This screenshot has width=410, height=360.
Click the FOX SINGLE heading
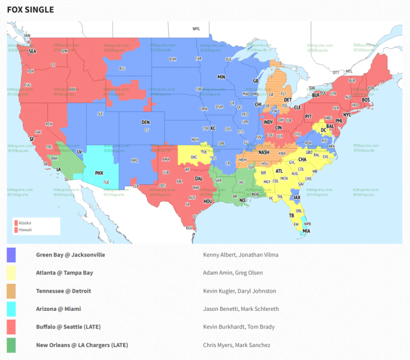30,10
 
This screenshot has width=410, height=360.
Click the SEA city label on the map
32,52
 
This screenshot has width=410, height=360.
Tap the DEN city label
145,122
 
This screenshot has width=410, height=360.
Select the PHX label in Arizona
99,173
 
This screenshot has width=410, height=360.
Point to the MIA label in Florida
307,231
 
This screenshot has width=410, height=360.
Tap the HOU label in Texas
207,201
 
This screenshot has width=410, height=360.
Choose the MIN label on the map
221,77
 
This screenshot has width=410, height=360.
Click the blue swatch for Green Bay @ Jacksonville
11,255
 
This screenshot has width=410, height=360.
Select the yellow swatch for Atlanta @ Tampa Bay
11,273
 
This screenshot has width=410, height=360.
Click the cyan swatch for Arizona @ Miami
11,308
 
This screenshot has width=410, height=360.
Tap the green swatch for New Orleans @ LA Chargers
11,345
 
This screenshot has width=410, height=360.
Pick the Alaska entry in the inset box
25,223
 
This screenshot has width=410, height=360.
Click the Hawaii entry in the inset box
25,229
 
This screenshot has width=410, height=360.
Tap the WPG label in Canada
196,29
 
